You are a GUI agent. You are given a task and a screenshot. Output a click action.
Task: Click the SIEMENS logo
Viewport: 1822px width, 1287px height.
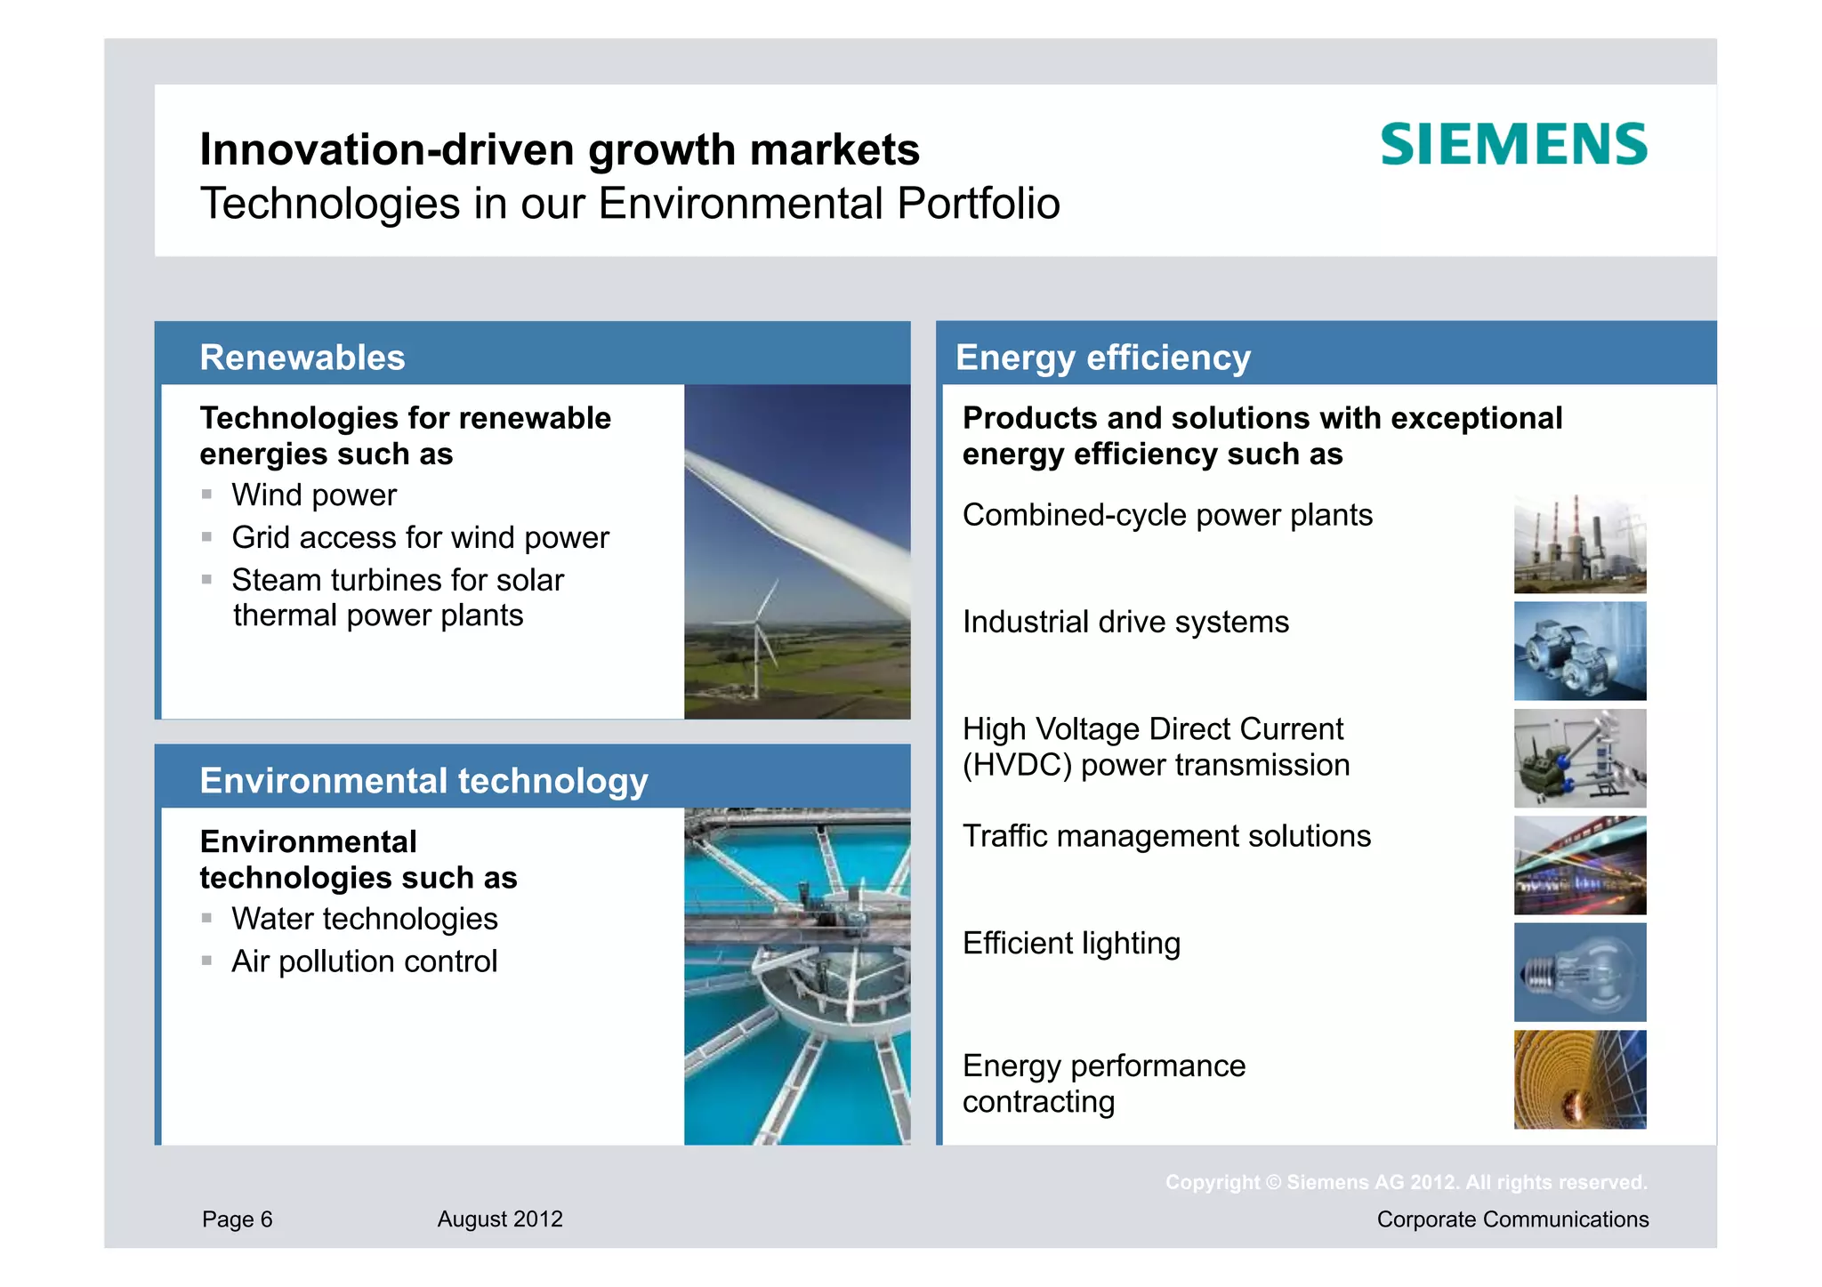point(1512,145)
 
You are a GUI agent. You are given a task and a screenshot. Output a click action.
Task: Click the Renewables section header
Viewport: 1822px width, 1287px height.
point(302,358)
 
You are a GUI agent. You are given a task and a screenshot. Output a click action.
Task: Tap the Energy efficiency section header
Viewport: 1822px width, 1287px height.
point(1102,358)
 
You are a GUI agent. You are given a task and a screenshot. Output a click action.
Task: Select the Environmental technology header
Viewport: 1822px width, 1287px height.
point(423,781)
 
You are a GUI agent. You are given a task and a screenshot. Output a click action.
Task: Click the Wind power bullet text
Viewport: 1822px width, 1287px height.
point(314,495)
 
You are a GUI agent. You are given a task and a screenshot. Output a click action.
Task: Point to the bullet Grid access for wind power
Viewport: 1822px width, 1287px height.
point(420,538)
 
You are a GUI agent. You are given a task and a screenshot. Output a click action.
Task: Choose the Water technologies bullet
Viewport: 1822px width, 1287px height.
point(364,919)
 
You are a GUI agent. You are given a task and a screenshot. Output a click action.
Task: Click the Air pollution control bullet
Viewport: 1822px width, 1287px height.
point(364,961)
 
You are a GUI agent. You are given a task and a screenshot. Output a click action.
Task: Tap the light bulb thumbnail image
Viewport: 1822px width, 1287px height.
point(1579,972)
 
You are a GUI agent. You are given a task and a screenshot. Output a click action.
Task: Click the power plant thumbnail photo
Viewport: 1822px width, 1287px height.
point(1579,544)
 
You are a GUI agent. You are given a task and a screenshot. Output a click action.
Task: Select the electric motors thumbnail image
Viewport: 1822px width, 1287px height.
point(1579,651)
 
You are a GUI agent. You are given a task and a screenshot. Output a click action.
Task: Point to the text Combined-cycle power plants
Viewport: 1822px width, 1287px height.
point(1166,516)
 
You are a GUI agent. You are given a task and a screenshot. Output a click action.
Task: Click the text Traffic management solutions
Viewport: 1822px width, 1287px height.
point(1165,837)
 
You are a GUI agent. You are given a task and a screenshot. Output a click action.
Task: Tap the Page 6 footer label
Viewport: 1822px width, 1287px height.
point(237,1219)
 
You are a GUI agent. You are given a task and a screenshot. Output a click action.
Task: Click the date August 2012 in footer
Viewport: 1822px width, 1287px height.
point(500,1219)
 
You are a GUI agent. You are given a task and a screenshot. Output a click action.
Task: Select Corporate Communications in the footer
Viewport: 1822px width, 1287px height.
point(1512,1219)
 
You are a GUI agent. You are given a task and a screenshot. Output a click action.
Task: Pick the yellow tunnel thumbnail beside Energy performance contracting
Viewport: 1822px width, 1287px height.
point(1579,1080)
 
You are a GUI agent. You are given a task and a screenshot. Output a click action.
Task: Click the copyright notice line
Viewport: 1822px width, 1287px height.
point(1406,1183)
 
